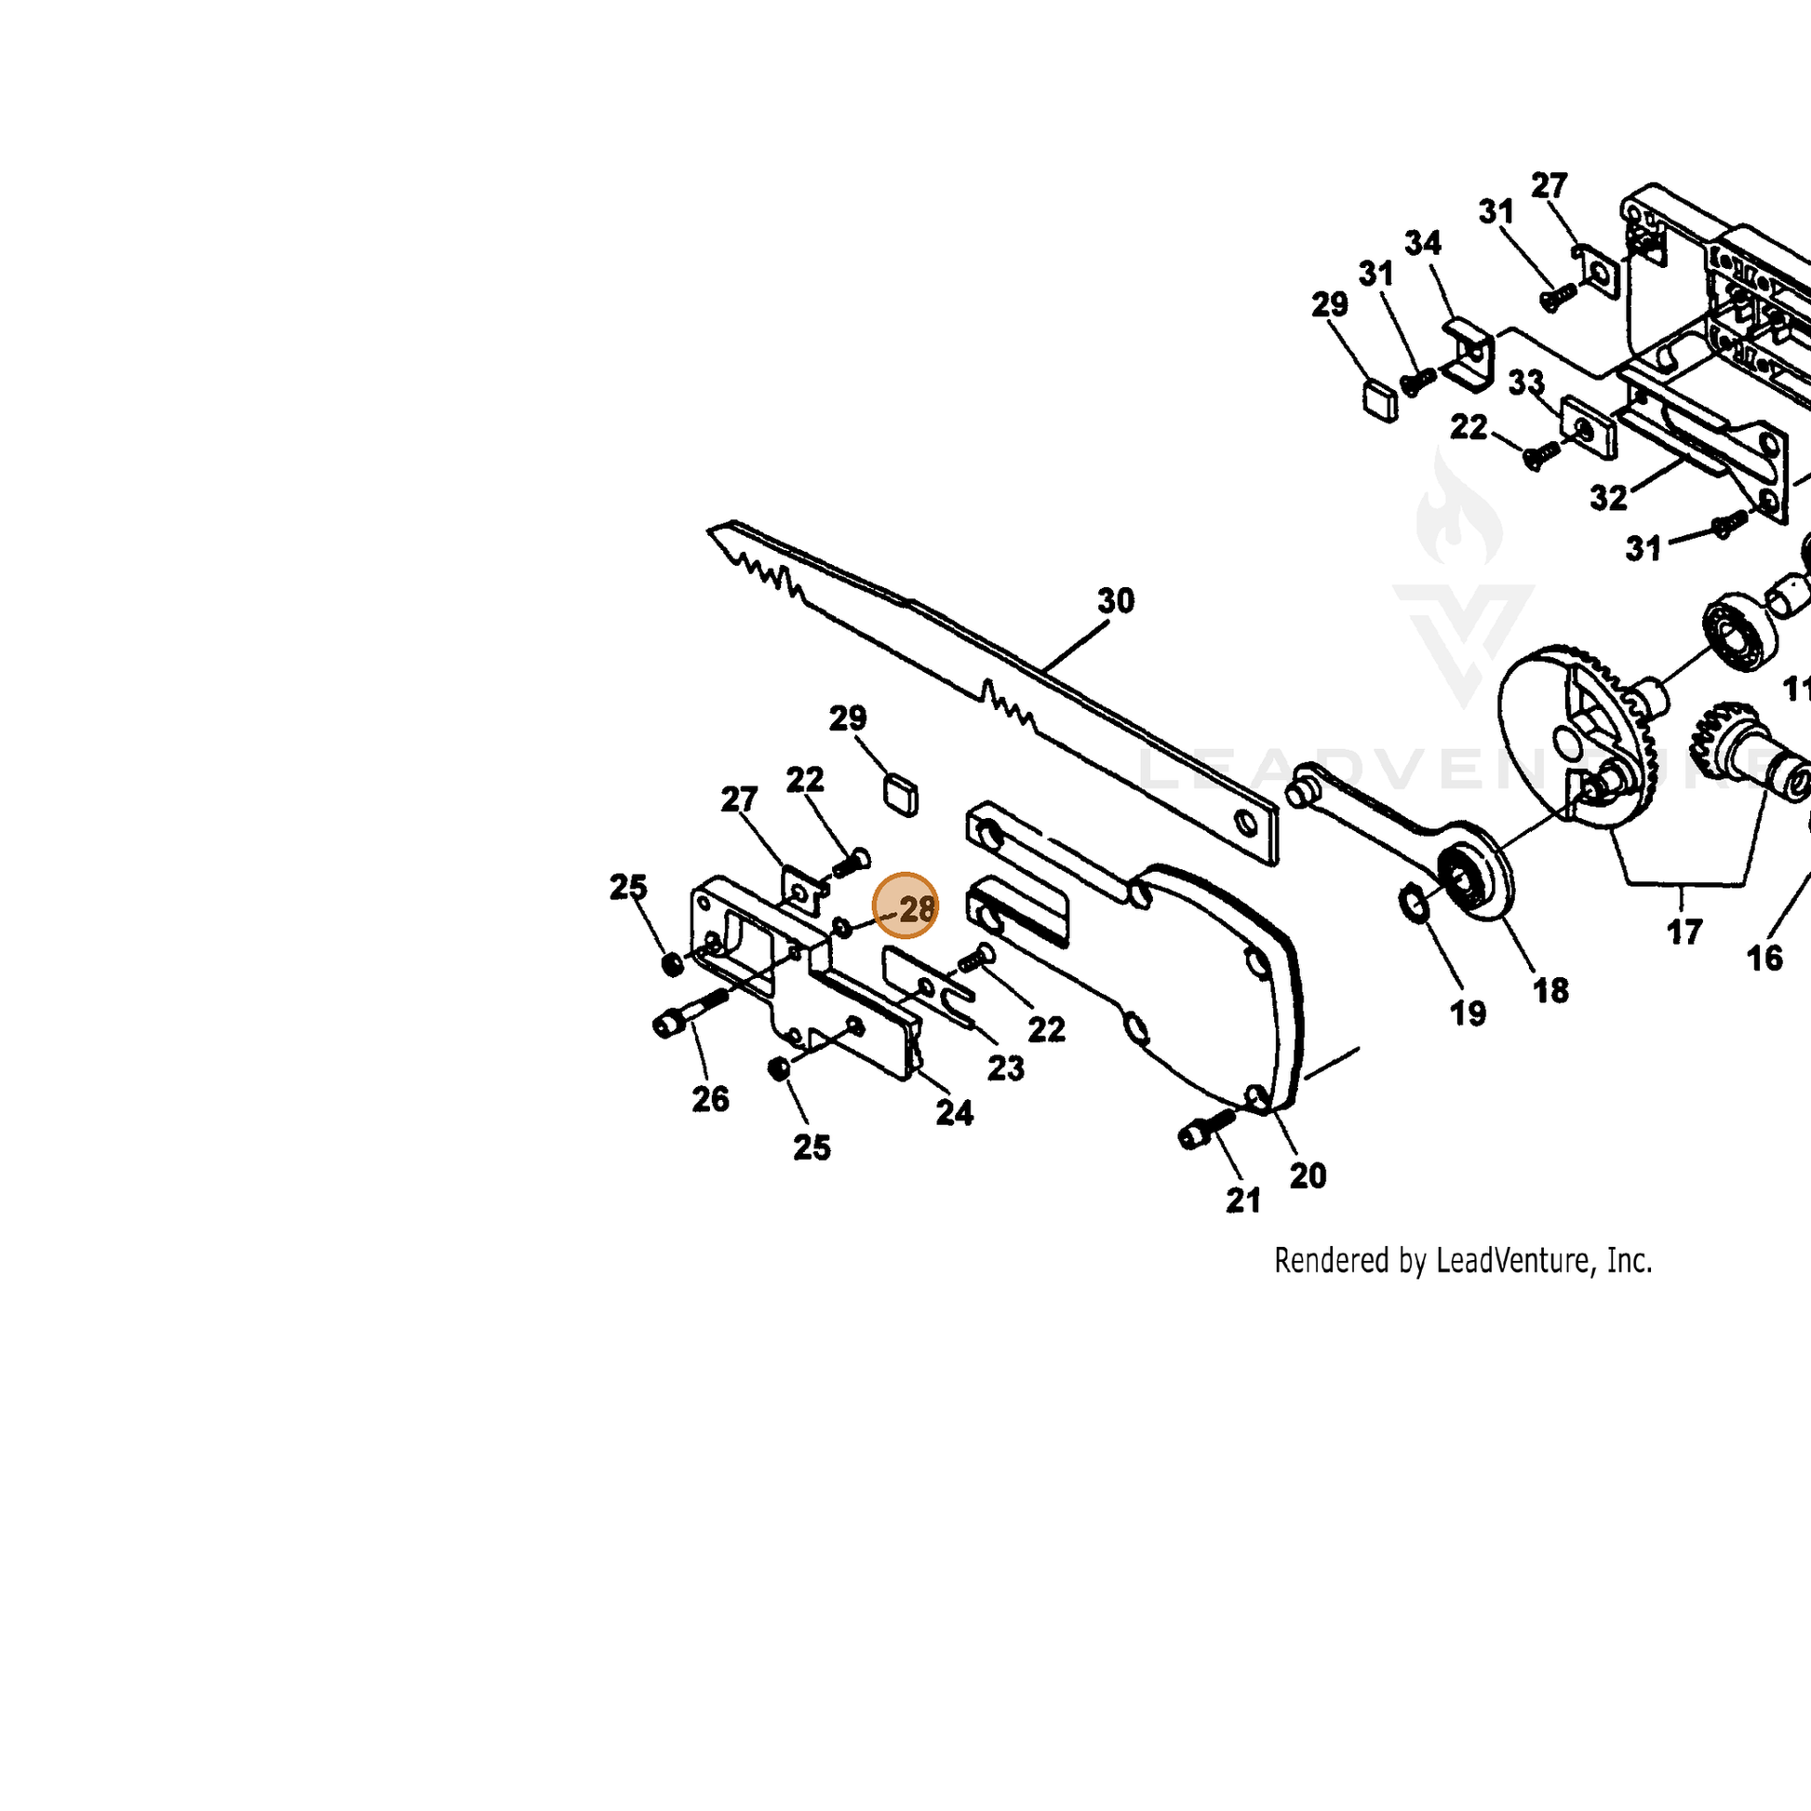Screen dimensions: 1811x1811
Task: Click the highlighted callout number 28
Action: [x=917, y=908]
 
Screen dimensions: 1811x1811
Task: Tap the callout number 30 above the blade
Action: [x=1116, y=601]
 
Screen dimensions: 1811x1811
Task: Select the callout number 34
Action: [x=1423, y=243]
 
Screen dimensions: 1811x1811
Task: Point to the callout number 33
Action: [x=1526, y=382]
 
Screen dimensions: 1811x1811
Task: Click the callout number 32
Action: [x=1608, y=498]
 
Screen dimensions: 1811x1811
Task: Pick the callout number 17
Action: [x=1684, y=932]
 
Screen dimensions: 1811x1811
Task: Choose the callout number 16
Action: [x=1765, y=958]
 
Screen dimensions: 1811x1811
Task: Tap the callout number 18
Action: [x=1551, y=990]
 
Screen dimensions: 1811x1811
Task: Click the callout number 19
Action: [x=1468, y=1013]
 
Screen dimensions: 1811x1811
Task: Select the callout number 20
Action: [x=1308, y=1175]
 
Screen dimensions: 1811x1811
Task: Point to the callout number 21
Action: [x=1244, y=1200]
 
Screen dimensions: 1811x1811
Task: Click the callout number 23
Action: [x=1006, y=1067]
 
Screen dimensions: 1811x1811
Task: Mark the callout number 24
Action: [x=954, y=1113]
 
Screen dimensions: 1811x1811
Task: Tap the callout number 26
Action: [x=710, y=1098]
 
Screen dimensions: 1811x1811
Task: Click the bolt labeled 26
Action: [x=690, y=1013]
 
